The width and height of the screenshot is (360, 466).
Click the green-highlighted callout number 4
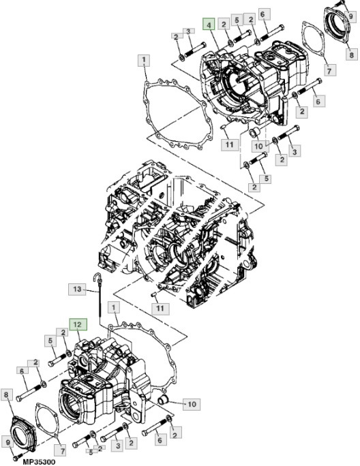tap(209, 25)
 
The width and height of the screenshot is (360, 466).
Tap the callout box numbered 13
tap(78, 290)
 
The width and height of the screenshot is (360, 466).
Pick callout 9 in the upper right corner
tap(352, 15)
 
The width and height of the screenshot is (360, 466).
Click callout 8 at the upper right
tap(350, 55)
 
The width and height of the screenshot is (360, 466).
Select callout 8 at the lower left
tap(7, 394)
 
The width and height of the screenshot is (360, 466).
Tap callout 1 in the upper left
tap(144, 61)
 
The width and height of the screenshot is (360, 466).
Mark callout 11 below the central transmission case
tap(160, 309)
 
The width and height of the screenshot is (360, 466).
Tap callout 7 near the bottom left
tap(59, 450)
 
